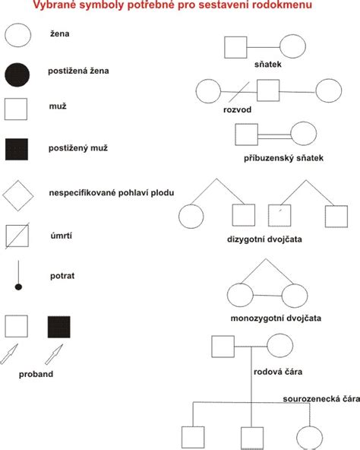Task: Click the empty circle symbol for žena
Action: (18, 34)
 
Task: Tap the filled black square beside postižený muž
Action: (18, 151)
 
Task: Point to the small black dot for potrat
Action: (18, 287)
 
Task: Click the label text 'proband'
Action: (37, 375)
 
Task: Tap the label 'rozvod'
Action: (237, 109)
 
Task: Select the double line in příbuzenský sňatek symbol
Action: (267, 135)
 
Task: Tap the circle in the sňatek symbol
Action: (293, 48)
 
